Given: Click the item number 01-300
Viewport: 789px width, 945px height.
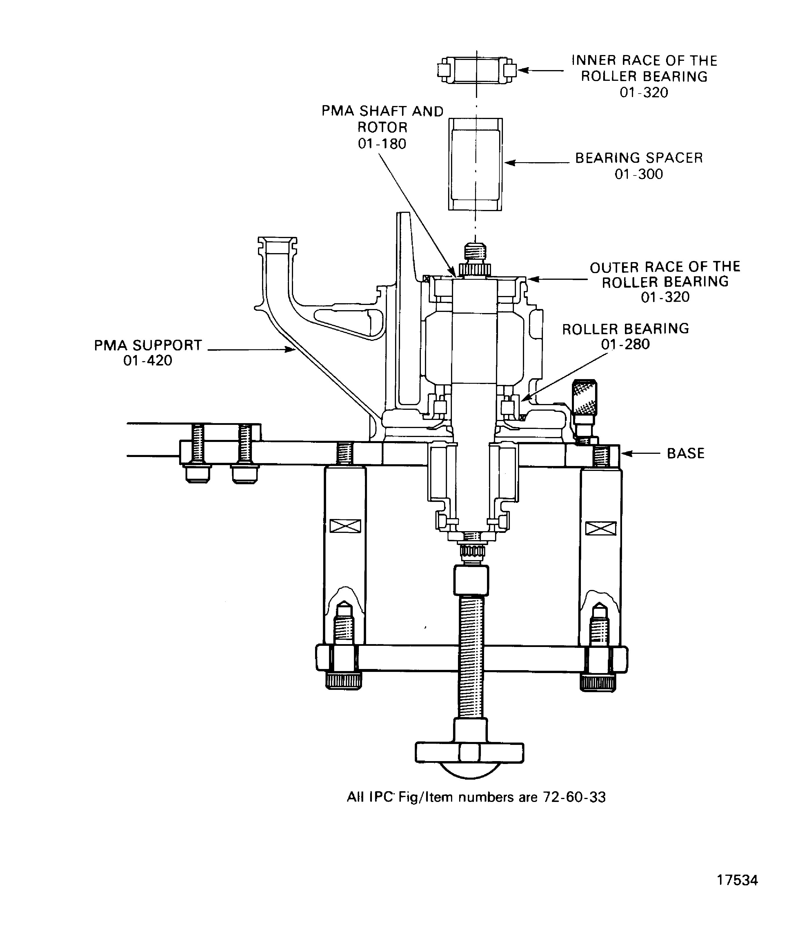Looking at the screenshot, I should (x=639, y=174).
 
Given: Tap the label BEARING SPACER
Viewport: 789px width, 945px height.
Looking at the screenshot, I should (x=639, y=158).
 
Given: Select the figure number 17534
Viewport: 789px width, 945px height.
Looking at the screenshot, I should (x=737, y=893).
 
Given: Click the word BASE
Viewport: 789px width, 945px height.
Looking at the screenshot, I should (x=686, y=453).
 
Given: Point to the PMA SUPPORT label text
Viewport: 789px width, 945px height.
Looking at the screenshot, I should (x=148, y=345).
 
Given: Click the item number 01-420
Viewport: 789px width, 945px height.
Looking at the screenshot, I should (x=148, y=361).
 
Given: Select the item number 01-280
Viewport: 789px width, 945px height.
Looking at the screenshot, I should (x=625, y=344).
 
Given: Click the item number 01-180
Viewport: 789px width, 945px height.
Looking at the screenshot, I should (x=382, y=144).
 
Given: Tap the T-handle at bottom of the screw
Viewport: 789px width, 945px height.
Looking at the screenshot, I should (x=469, y=752).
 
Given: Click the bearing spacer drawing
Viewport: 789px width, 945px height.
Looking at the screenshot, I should (x=475, y=164).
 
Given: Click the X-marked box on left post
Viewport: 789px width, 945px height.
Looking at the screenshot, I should (x=345, y=526).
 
